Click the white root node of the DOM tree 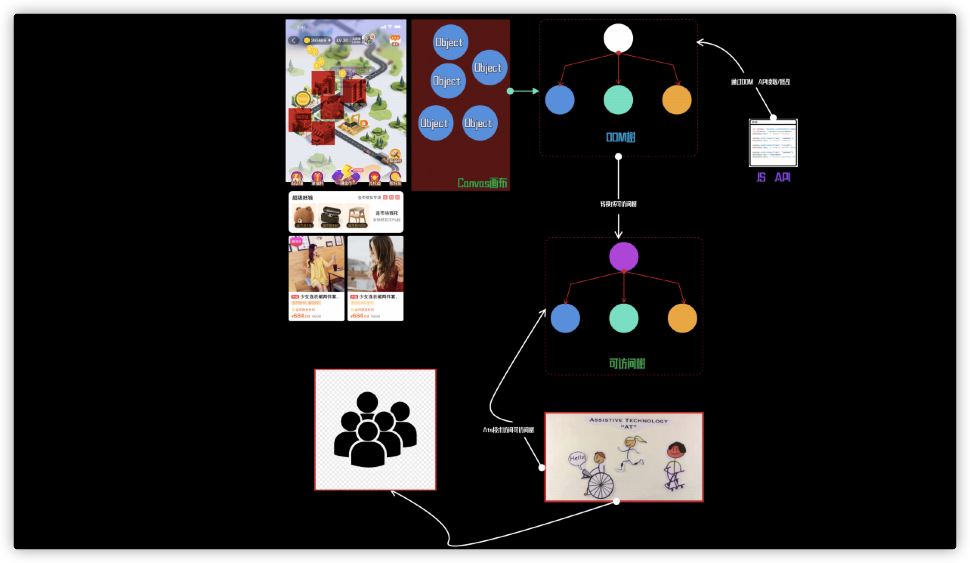click(x=618, y=38)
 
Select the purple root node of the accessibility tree click(x=624, y=257)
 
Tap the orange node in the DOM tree click(x=677, y=100)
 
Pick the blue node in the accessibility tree click(x=565, y=318)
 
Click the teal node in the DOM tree click(x=618, y=100)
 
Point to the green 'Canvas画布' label click(x=482, y=183)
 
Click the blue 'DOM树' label click(x=621, y=137)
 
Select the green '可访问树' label click(x=627, y=363)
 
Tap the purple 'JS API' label click(x=773, y=177)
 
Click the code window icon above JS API click(x=773, y=143)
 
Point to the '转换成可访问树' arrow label click(x=618, y=204)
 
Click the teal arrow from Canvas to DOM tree click(x=524, y=91)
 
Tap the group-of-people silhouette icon click(x=375, y=429)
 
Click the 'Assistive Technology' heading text click(x=628, y=421)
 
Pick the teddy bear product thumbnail click(x=304, y=216)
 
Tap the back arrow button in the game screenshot click(x=294, y=40)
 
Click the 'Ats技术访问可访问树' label click(x=508, y=430)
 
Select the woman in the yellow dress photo click(x=317, y=264)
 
